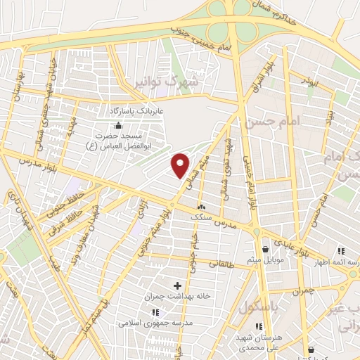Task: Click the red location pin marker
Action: pyautogui.click(x=181, y=165)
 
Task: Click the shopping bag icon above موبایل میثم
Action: pyautogui.click(x=265, y=249)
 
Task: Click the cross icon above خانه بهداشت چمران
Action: pyautogui.click(x=176, y=285)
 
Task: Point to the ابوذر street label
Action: pyautogui.click(x=309, y=84)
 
